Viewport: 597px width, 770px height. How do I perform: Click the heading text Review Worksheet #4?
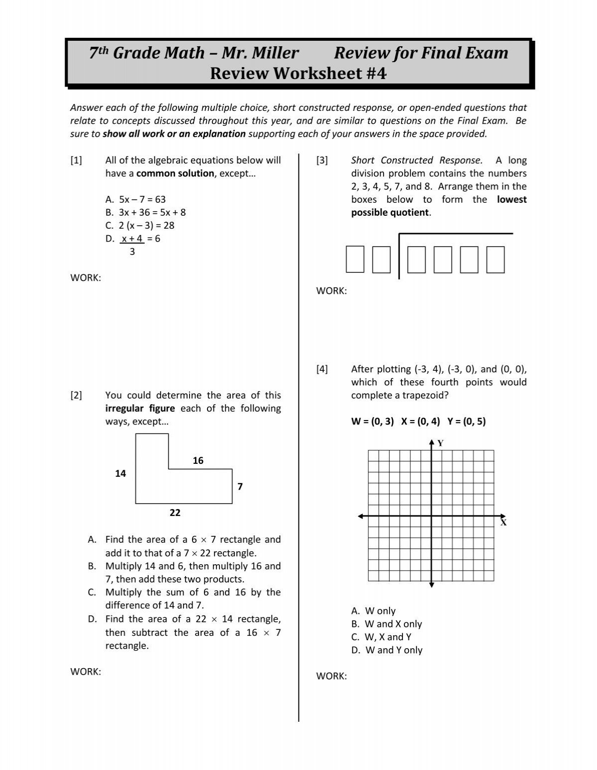coord(298,74)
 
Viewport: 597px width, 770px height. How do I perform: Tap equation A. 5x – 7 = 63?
coord(135,199)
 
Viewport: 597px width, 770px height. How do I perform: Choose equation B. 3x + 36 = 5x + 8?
coord(145,212)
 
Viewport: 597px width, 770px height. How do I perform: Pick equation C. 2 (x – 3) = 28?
coord(140,225)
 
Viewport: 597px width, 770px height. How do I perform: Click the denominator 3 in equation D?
coord(132,252)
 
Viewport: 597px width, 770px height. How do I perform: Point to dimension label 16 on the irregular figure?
coord(198,461)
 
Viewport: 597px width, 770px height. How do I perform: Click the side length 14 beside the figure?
coord(120,474)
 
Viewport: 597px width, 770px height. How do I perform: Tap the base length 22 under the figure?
coord(175,513)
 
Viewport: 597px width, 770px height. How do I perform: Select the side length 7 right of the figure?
coord(240,487)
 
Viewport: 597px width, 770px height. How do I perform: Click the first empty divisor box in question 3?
coord(355,260)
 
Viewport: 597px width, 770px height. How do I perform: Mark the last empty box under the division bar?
coord(496,260)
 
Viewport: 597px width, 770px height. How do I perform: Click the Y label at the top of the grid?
coord(440,443)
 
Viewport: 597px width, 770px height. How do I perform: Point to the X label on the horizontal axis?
coord(503,523)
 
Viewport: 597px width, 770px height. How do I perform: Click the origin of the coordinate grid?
coord(431,516)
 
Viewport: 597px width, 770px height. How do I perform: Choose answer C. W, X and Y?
coord(381,637)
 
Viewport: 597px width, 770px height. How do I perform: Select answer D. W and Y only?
coord(387,650)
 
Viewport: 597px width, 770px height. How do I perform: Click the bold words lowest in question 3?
coord(512,199)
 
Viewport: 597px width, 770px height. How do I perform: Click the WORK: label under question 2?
coord(86,672)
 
